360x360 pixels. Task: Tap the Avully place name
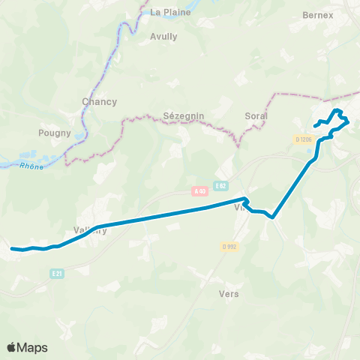click(x=163, y=36)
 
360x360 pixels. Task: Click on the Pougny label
click(x=54, y=133)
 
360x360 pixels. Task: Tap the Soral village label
click(x=256, y=116)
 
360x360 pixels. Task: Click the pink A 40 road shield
click(x=199, y=191)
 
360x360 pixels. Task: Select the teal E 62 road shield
click(x=220, y=185)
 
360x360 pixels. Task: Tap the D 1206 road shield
click(x=304, y=139)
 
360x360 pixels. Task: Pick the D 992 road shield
click(x=229, y=246)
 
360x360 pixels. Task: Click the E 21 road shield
click(x=57, y=274)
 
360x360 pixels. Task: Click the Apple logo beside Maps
click(x=12, y=347)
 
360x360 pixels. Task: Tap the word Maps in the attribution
click(x=32, y=347)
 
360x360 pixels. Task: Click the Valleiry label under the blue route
click(x=90, y=231)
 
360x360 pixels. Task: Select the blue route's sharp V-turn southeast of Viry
click(x=273, y=217)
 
